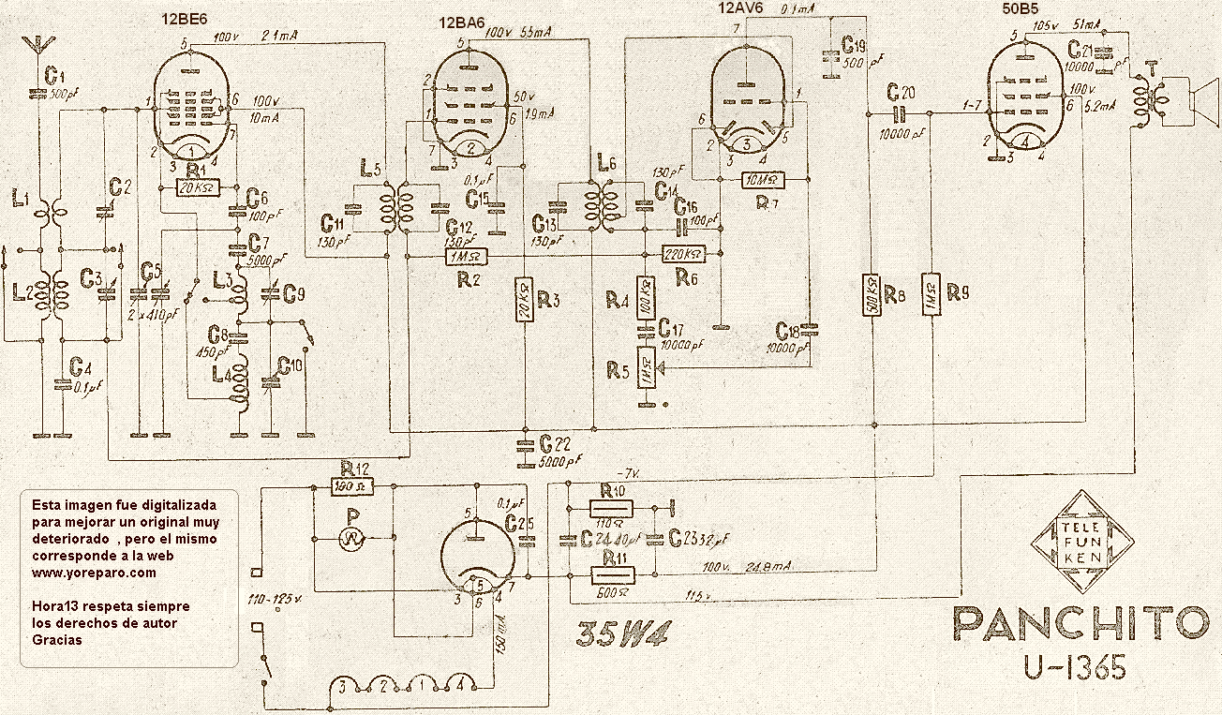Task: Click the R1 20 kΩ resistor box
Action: pos(199,188)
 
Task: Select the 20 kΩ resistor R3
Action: pos(525,301)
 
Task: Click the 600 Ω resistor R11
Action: pos(612,574)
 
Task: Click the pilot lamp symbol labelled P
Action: pos(352,537)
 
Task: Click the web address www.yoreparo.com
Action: pos(94,573)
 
